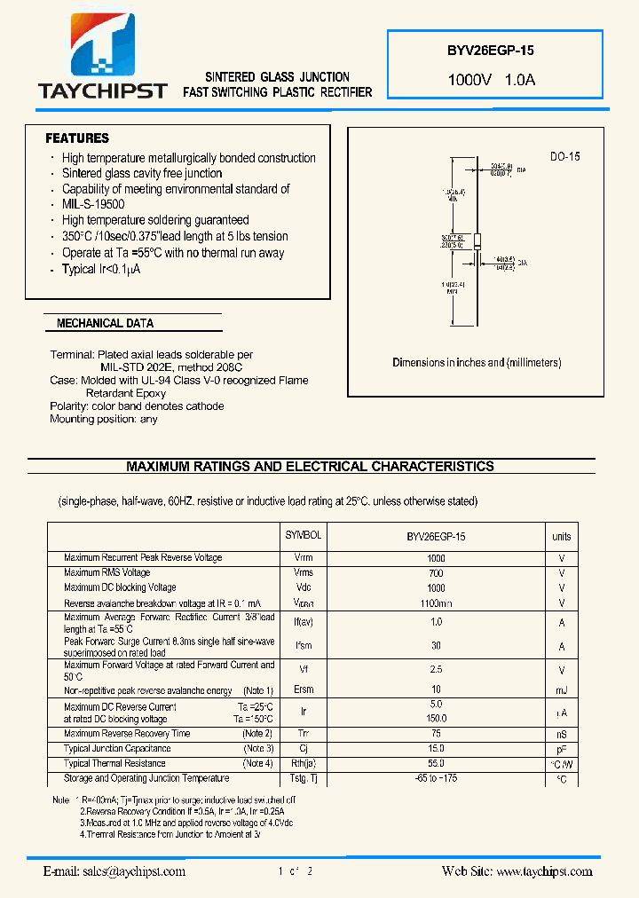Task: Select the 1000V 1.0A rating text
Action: (x=491, y=80)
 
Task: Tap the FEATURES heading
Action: (x=77, y=138)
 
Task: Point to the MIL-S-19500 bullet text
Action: (x=93, y=205)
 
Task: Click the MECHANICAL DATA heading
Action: (x=105, y=324)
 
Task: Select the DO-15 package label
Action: (x=564, y=157)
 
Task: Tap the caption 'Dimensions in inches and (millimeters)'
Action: (x=477, y=363)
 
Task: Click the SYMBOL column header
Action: (x=304, y=536)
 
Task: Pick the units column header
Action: (x=562, y=536)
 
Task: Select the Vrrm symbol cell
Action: (x=304, y=558)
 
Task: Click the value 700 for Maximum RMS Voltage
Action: (x=436, y=573)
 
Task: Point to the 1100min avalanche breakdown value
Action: (x=436, y=603)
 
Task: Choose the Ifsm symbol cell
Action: (x=304, y=647)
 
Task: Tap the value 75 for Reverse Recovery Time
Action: (x=436, y=734)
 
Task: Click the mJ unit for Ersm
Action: (x=562, y=690)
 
